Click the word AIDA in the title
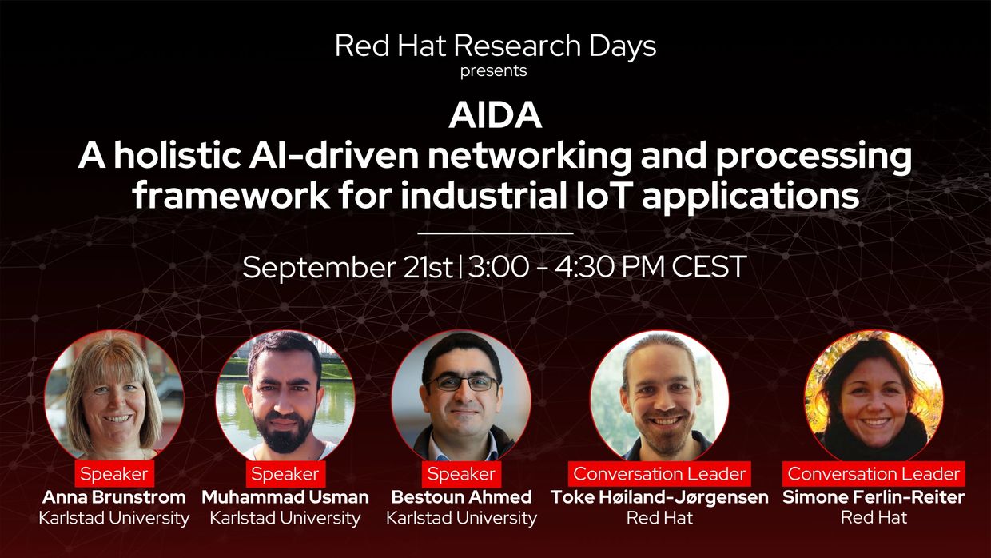tap(495, 115)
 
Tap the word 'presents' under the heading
tap(493, 71)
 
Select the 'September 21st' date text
tap(348, 267)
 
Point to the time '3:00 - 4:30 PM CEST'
tap(607, 266)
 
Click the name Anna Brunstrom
tap(114, 497)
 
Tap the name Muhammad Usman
tap(285, 497)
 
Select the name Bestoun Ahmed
tap(461, 497)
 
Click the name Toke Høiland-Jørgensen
tap(659, 497)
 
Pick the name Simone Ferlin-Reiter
tap(874, 497)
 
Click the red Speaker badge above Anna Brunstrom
tap(114, 474)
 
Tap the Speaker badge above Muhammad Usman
tap(285, 474)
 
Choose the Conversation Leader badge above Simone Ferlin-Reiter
tap(874, 474)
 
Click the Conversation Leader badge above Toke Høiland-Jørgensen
tap(659, 474)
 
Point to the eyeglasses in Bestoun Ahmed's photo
tap(462, 383)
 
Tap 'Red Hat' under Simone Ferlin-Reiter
tap(874, 518)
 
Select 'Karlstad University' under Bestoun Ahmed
tap(461, 518)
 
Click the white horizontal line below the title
tap(495, 233)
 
